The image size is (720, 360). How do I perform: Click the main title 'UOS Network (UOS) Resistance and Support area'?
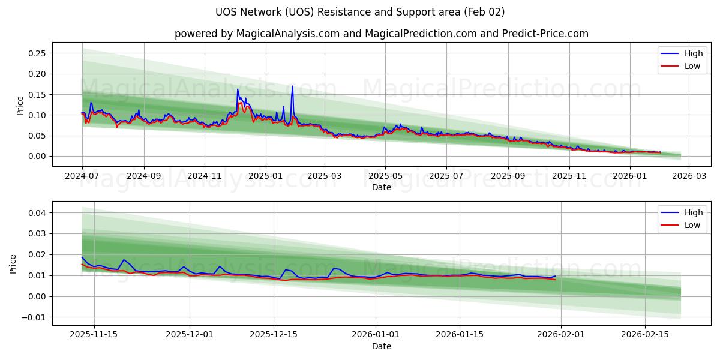360,12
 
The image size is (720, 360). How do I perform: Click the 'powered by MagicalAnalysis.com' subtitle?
382,34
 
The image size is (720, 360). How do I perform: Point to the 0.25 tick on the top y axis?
37,53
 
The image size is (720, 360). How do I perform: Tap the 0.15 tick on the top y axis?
37,94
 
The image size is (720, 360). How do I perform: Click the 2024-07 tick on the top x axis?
82,176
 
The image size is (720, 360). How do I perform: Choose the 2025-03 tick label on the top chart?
325,176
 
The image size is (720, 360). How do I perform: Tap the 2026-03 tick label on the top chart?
688,176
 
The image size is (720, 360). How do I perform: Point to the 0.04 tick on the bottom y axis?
35,213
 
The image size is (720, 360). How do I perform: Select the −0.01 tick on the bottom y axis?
33,317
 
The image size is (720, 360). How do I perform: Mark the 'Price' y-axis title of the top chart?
20,105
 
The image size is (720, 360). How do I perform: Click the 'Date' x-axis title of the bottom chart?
382,346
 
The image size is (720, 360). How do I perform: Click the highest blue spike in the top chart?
293,86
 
